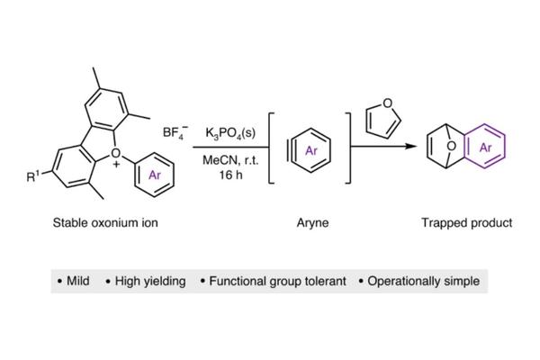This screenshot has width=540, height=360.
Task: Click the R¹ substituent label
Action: tap(33, 175)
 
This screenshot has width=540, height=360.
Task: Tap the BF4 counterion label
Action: tap(175, 132)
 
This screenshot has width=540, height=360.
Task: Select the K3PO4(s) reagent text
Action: tap(230, 133)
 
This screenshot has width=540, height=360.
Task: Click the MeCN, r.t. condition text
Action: tap(230, 160)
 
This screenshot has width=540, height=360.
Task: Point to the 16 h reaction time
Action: tap(230, 175)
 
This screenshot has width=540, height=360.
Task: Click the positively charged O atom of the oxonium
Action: tap(116, 153)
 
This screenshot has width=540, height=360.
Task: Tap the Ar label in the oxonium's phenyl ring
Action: tap(155, 175)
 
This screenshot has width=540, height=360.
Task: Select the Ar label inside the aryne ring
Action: tap(311, 150)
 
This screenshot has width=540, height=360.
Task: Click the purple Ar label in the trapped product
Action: tap(485, 148)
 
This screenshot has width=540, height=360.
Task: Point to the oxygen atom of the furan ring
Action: tap(387, 103)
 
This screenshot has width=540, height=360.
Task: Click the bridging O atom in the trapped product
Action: tap(451, 147)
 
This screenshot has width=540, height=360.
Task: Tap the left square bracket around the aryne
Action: tap(272, 148)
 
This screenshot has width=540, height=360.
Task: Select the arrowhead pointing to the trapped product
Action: tap(411, 147)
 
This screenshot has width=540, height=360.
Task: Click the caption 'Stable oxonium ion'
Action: tap(105, 222)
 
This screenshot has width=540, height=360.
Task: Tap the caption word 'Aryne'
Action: tap(312, 223)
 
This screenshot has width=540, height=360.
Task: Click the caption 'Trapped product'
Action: tap(467, 223)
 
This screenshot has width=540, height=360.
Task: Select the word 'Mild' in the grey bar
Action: tap(77, 281)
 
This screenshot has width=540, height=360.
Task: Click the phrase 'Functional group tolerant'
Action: tap(277, 281)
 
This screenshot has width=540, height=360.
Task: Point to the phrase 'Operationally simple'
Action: tap(424, 281)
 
